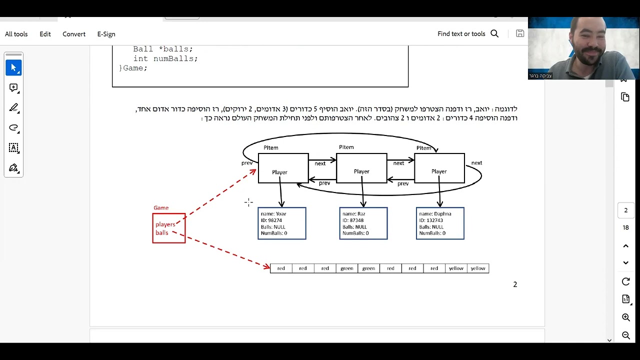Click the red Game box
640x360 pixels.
coord(169,228)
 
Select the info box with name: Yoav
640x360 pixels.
coord(281,223)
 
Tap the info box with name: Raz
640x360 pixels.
coord(363,223)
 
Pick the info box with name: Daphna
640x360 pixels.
coord(440,223)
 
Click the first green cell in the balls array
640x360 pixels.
coord(347,268)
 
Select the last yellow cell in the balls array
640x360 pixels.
coord(478,268)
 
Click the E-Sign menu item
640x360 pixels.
coord(106,34)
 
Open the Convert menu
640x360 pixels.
coord(74,34)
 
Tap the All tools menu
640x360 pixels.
coord(16,34)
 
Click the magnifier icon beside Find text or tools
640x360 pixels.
coord(494,33)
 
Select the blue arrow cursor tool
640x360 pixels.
coord(13,67)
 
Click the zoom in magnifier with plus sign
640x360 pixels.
coord(625,317)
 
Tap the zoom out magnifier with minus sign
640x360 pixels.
coord(625,335)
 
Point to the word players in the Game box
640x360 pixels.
coord(165,224)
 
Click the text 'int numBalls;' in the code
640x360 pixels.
coord(165,58)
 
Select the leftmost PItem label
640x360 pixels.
coord(271,147)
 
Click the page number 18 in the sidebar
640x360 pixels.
coord(625,227)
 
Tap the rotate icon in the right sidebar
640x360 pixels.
coord(625,281)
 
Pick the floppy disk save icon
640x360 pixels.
coord(520,33)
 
